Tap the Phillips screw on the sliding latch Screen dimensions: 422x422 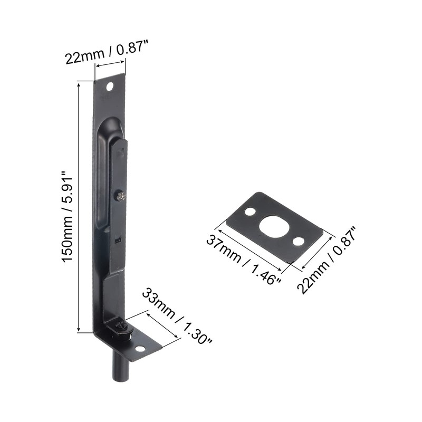121,196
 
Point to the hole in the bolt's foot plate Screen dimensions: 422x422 140,349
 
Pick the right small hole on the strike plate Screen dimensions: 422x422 299,241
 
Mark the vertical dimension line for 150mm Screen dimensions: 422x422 79,206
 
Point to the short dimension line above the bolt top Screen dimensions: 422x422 110,64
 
